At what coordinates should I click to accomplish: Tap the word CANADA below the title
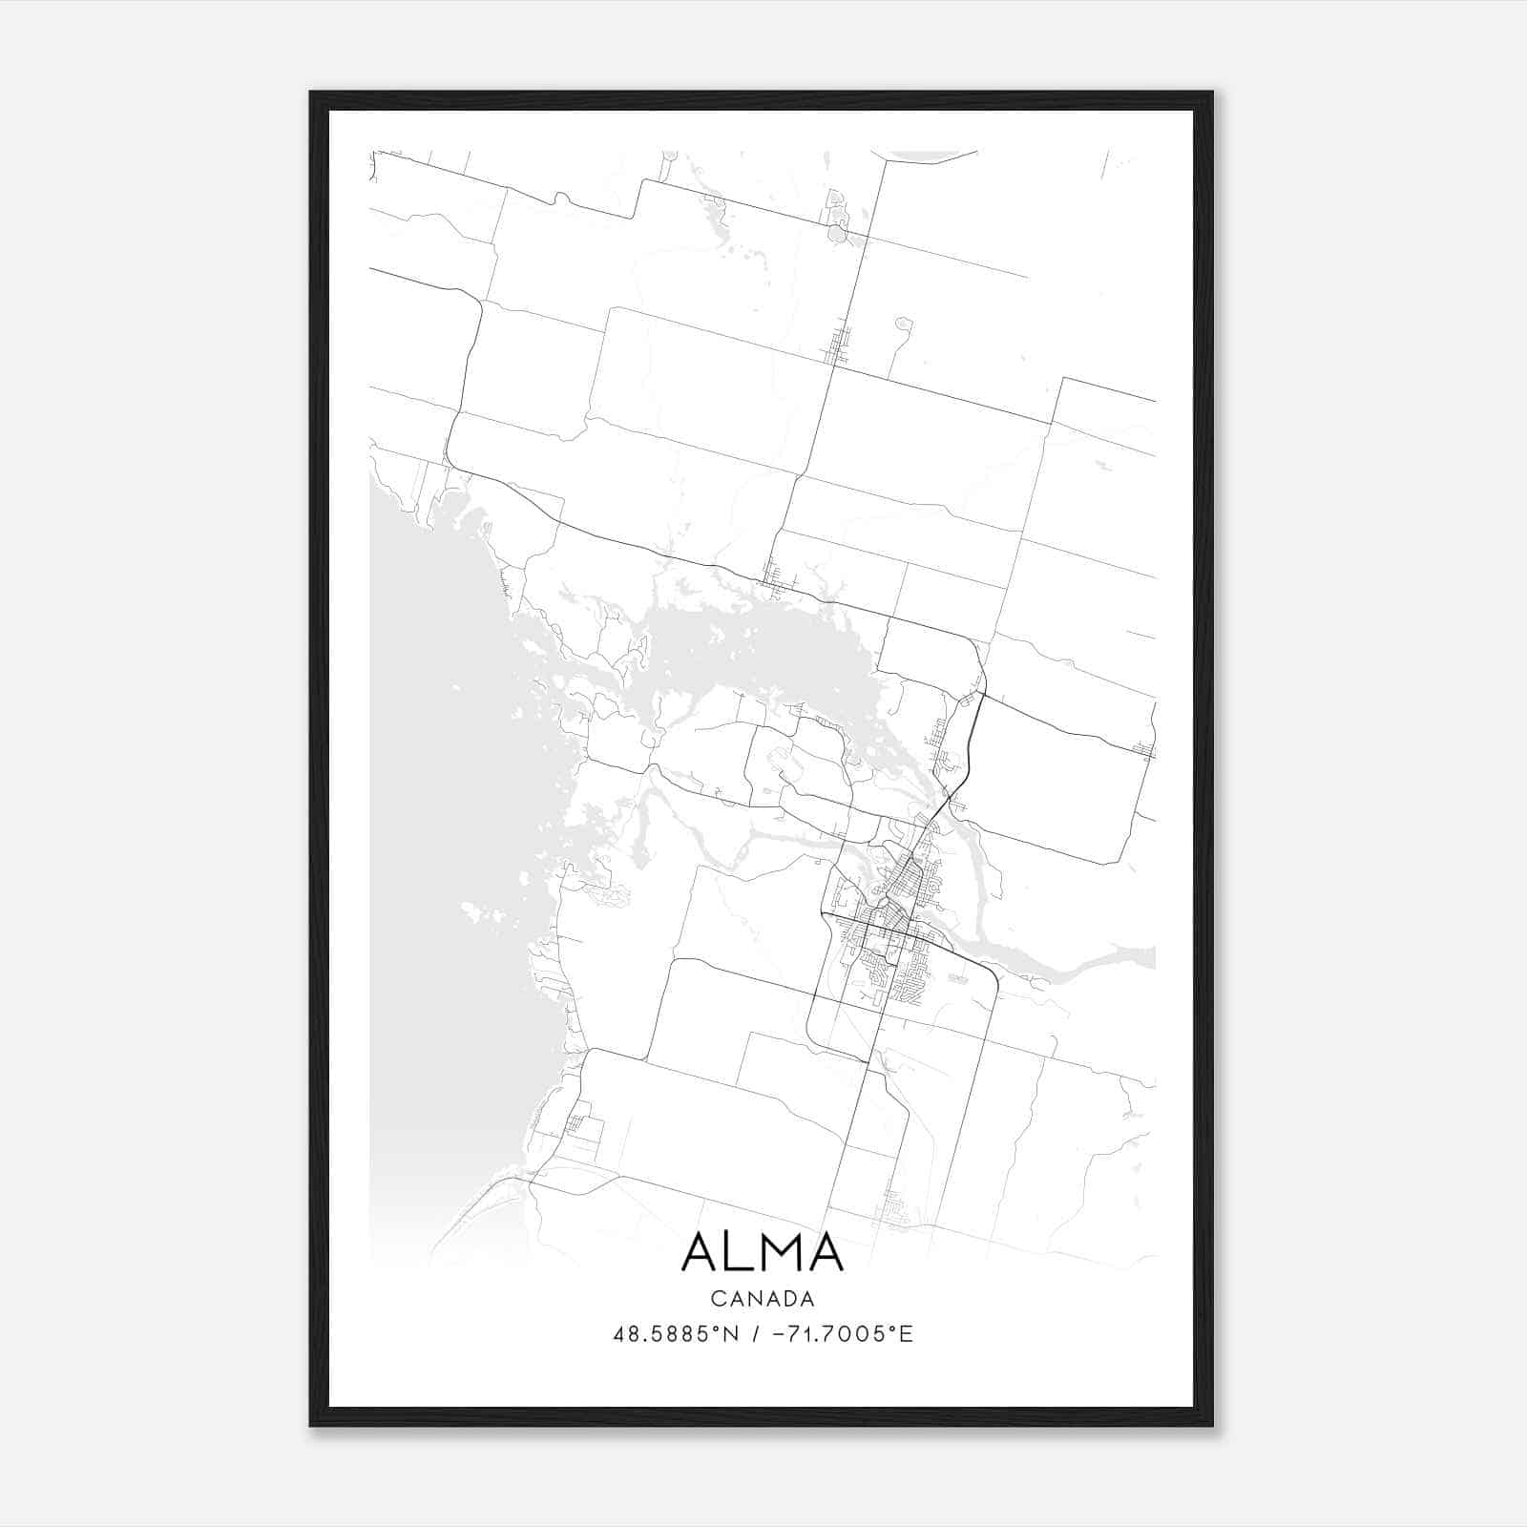tap(763, 1299)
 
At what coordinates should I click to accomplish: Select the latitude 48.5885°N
tap(676, 1334)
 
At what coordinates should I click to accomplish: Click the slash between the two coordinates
tap(757, 1334)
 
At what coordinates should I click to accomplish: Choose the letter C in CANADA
tap(717, 1299)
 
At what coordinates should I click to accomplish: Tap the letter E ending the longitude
tap(908, 1334)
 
